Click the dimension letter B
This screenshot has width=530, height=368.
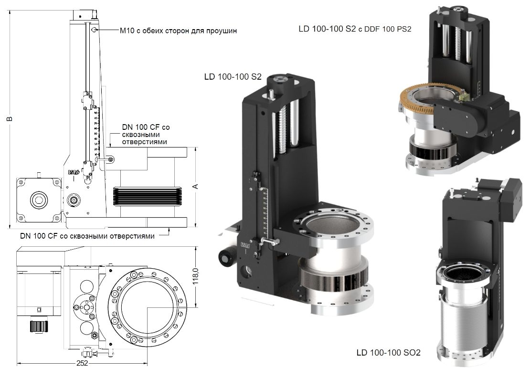pyautogui.click(x=9, y=118)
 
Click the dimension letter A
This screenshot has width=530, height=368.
pyautogui.click(x=195, y=186)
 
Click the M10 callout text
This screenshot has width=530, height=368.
pyautogui.click(x=178, y=31)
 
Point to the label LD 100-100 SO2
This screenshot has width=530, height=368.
pyautogui.click(x=388, y=353)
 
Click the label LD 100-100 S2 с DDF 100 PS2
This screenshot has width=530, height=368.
pyautogui.click(x=355, y=29)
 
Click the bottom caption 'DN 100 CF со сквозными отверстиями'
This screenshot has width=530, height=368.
pyautogui.click(x=87, y=236)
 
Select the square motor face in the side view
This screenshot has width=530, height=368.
pyautogui.click(x=39, y=200)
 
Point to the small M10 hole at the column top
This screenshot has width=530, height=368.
pyautogui.click(x=95, y=30)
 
